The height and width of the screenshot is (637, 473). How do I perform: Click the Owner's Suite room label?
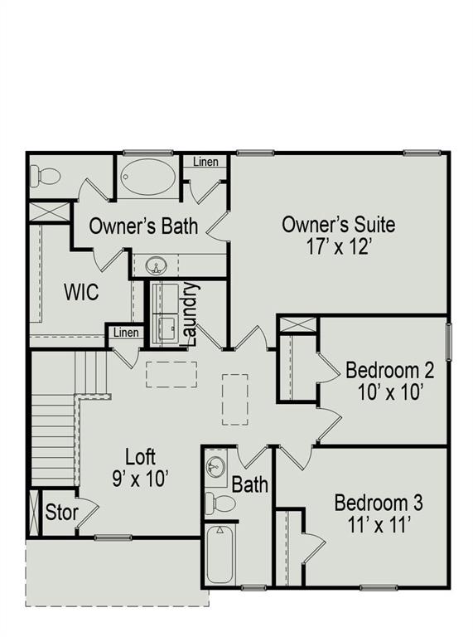tap(338, 224)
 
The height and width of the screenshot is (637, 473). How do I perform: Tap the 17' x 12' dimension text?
tap(338, 246)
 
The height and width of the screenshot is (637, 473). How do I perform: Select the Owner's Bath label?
tap(143, 225)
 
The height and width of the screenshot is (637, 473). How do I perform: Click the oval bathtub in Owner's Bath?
tap(148, 177)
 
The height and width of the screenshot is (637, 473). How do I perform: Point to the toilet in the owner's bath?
tap(46, 176)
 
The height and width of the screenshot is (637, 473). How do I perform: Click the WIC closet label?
tap(81, 292)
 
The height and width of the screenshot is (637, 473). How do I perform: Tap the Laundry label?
tap(190, 314)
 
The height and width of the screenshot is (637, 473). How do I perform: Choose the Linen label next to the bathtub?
tap(206, 162)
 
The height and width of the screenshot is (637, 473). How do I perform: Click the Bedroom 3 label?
tap(379, 503)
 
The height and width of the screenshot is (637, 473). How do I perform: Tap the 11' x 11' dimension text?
tap(379, 524)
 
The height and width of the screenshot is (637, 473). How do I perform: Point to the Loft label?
tap(140, 456)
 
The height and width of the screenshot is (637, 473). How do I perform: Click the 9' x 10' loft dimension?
tap(140, 478)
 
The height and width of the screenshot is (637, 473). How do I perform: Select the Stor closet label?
tap(61, 512)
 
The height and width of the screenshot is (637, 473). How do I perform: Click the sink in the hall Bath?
tap(216, 466)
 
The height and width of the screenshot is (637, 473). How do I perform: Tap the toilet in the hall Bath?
tap(220, 503)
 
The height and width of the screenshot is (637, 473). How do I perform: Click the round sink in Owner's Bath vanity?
tap(155, 266)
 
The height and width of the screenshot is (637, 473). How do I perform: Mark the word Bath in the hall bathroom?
tap(249, 484)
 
